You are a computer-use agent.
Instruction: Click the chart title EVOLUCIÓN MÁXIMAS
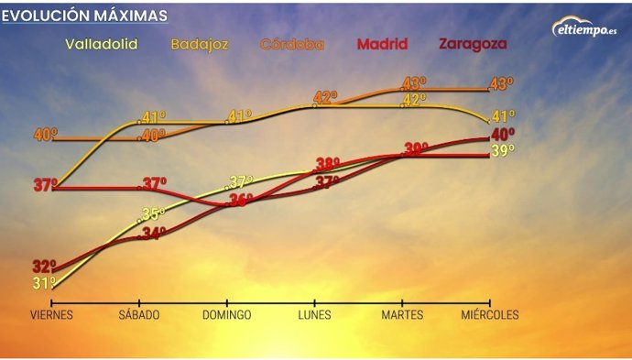85,16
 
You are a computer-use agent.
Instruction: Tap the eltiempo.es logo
583,28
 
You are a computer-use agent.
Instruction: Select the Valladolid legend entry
103,44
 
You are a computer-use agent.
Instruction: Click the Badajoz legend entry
200,44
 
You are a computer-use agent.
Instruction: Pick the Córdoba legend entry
293,44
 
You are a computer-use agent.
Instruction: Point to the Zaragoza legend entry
473,44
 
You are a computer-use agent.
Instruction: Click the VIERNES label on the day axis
51,315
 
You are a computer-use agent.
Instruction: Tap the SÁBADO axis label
138,315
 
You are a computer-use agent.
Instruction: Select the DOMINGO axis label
226,315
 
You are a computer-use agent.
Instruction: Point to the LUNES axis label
314,315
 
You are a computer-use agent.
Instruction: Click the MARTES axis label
402,315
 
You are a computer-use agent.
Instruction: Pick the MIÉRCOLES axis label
490,315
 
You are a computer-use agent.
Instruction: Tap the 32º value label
45,267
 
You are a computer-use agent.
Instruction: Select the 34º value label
154,233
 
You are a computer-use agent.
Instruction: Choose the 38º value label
327,165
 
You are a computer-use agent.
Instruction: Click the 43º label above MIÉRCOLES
501,83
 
